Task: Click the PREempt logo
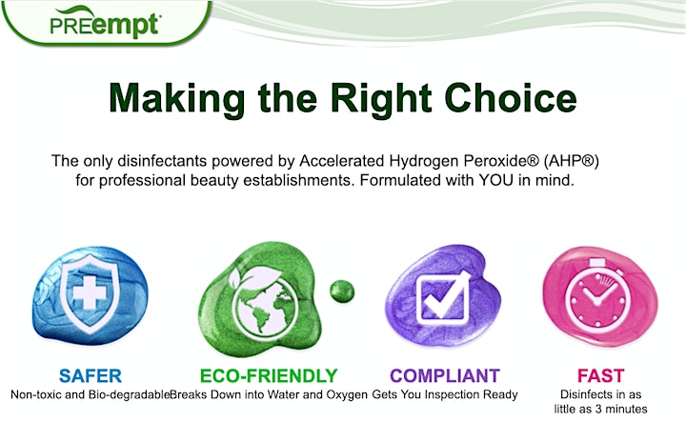(x=105, y=24)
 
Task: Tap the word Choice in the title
(x=511, y=98)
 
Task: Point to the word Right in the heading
(x=381, y=100)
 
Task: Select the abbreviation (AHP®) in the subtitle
(x=572, y=161)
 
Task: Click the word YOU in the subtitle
(x=496, y=180)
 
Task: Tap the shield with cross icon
(x=90, y=293)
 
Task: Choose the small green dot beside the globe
(x=342, y=291)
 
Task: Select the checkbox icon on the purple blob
(x=443, y=298)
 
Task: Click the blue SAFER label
(x=91, y=375)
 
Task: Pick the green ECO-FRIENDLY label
(x=269, y=375)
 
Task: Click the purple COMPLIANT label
(x=445, y=375)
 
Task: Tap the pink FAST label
(x=600, y=375)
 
